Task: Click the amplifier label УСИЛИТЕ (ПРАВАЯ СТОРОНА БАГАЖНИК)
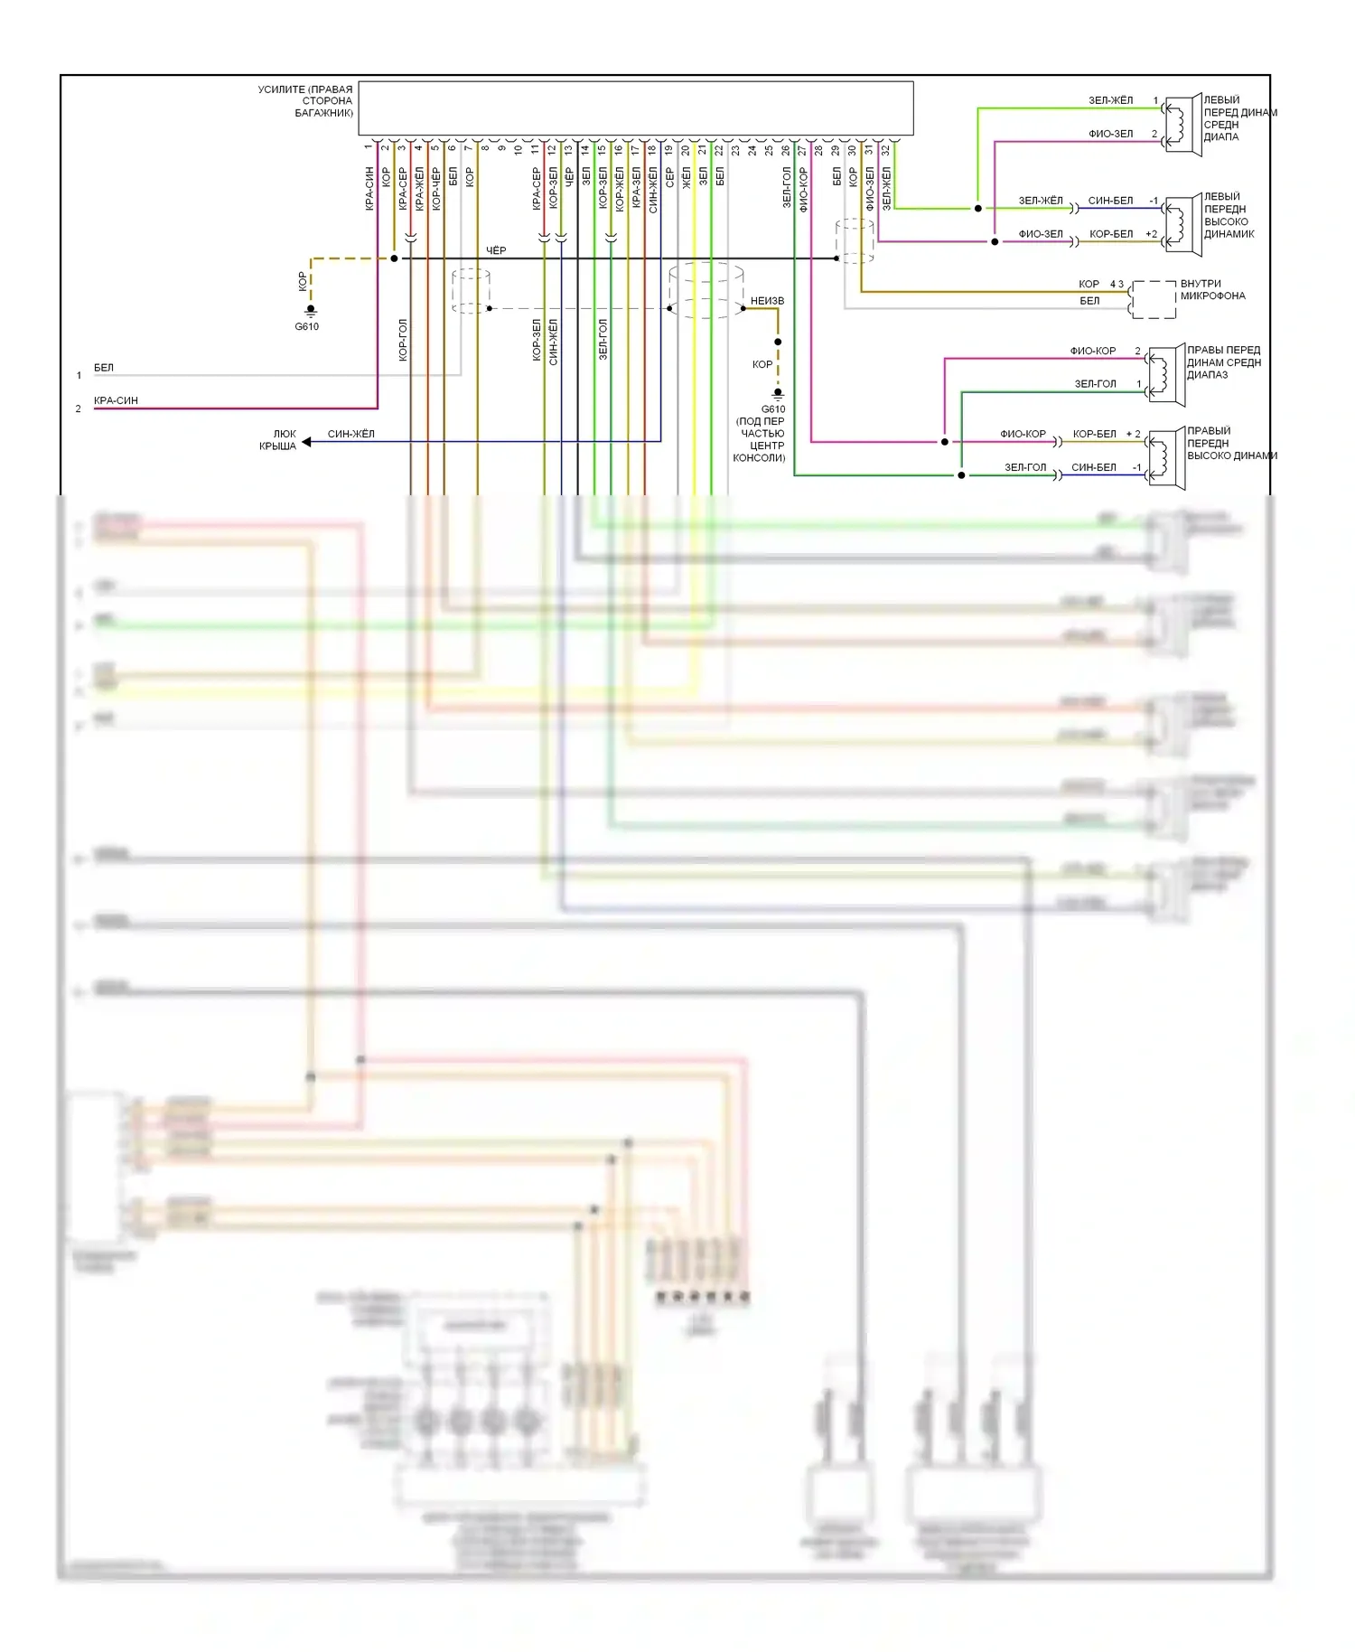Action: point(305,101)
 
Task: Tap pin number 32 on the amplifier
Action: point(886,150)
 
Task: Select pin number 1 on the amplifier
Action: point(368,147)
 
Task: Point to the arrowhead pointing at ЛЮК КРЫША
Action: point(307,442)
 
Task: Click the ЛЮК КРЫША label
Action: point(278,440)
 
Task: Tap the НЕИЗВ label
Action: point(767,301)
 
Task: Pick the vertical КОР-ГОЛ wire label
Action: point(403,340)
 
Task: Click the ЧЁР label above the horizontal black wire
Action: point(496,250)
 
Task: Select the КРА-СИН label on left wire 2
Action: point(116,400)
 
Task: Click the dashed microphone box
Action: point(1154,299)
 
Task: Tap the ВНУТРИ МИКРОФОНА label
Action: point(1212,290)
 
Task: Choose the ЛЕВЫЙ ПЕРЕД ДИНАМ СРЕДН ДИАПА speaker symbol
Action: point(1181,125)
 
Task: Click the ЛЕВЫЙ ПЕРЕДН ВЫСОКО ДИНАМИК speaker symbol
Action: point(1181,225)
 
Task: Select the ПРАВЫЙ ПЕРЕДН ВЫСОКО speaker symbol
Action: point(1165,458)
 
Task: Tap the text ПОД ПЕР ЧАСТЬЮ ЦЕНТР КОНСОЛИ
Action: point(760,440)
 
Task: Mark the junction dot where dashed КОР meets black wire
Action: point(394,258)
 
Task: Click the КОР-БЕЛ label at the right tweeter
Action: point(1094,434)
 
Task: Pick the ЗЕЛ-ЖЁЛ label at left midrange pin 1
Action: point(1110,100)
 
